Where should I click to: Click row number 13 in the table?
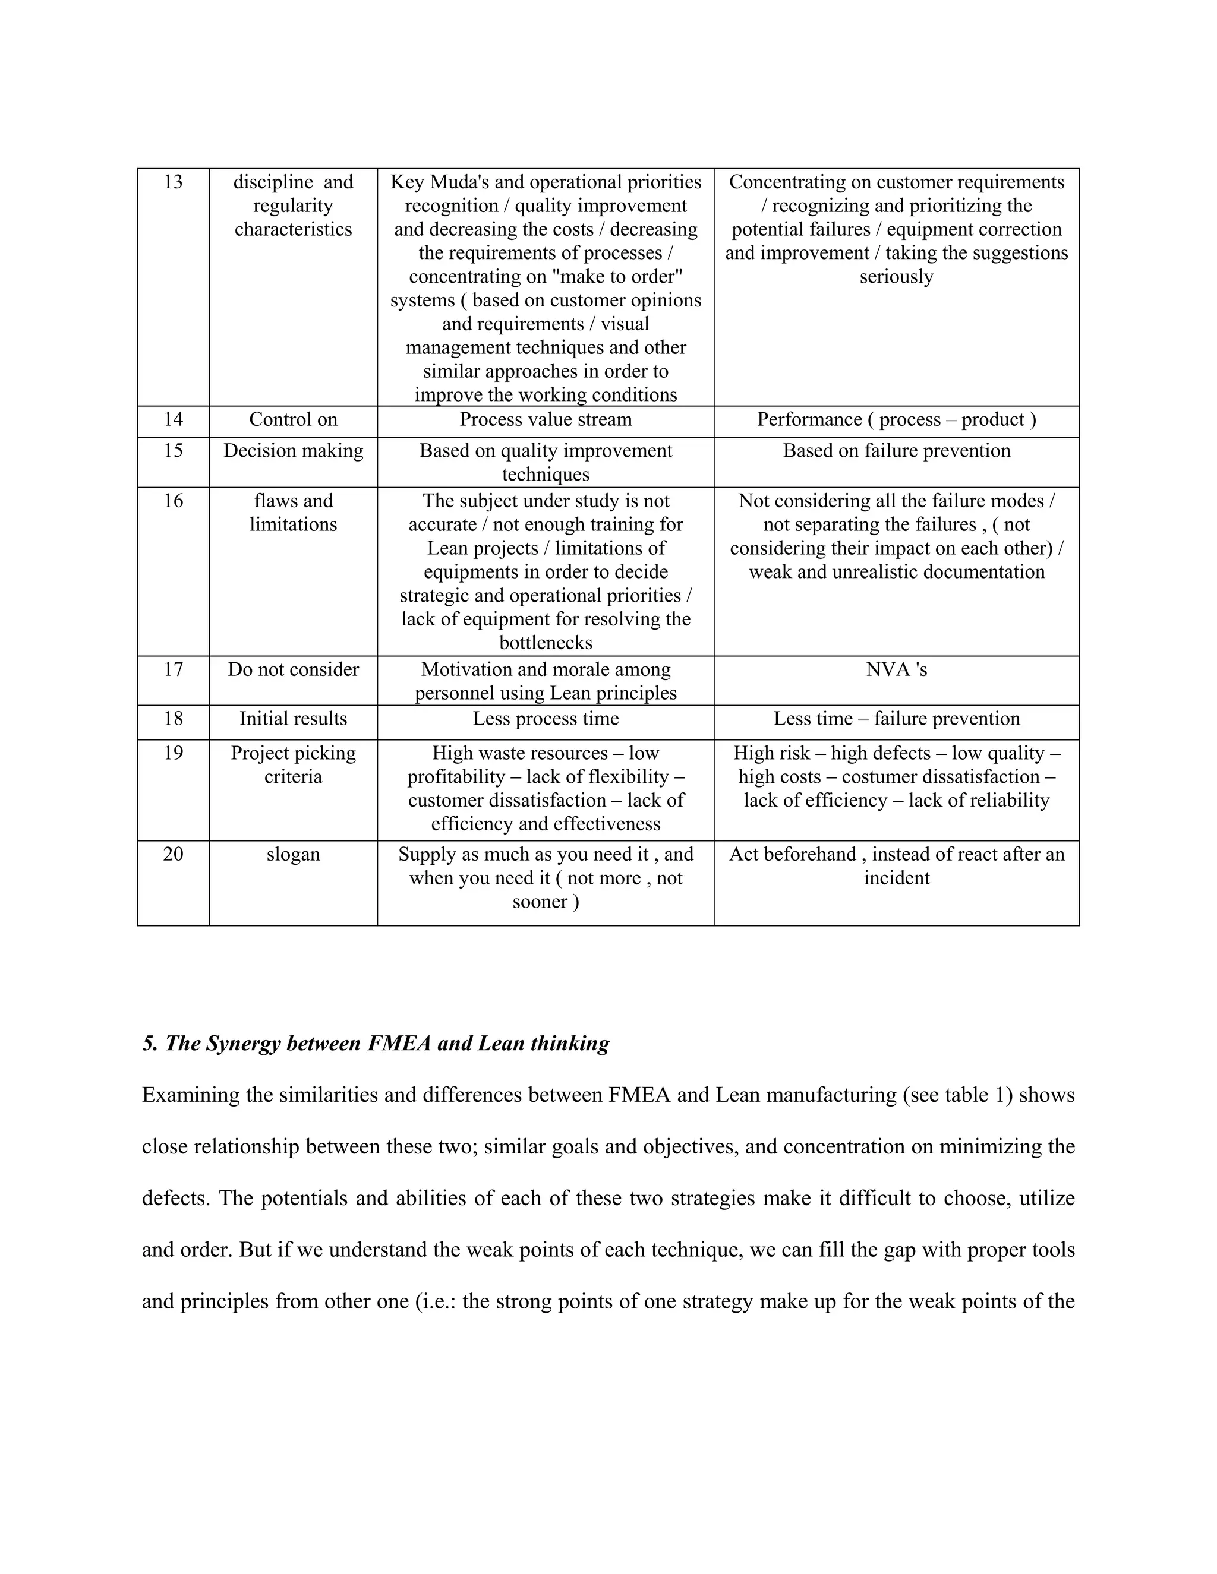pyautogui.click(x=173, y=182)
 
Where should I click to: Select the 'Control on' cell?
pyautogui.click(x=293, y=419)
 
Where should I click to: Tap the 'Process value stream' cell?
pyautogui.click(x=545, y=419)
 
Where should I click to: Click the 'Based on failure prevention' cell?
pyautogui.click(x=896, y=451)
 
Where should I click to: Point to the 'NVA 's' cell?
pyautogui.click(x=896, y=670)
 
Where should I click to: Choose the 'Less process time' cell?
pyautogui.click(x=545, y=719)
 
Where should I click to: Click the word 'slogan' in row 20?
pyautogui.click(x=293, y=855)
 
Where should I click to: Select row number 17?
pyautogui.click(x=173, y=670)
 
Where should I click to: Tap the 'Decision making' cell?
pyautogui.click(x=293, y=451)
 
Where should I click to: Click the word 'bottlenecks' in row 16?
pyautogui.click(x=545, y=643)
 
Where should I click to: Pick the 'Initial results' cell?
pyautogui.click(x=293, y=719)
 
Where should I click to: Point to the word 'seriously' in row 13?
pyautogui.click(x=896, y=277)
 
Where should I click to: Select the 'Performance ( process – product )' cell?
pyautogui.click(x=896, y=419)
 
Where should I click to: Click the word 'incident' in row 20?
pyautogui.click(x=896, y=878)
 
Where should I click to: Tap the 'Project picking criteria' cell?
pyautogui.click(x=293, y=766)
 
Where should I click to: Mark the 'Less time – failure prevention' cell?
pyautogui.click(x=896, y=719)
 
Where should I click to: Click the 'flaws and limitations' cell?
pyautogui.click(x=293, y=513)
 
